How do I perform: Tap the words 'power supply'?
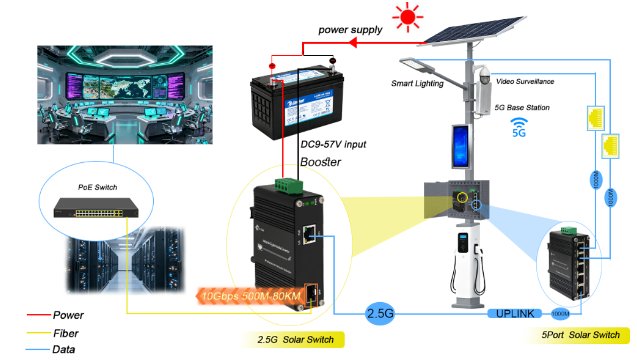tap(350, 30)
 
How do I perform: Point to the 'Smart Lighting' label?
tap(417, 84)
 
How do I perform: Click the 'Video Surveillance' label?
tap(524, 81)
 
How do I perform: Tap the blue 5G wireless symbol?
tap(519, 127)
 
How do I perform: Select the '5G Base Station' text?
tap(522, 108)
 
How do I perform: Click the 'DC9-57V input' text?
tap(333, 145)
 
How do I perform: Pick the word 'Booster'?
tap(320, 162)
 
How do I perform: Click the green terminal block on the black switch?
tap(288, 185)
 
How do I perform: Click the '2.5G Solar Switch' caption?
tap(295, 340)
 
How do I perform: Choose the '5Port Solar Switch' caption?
tap(580, 335)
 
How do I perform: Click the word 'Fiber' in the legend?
tap(66, 333)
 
